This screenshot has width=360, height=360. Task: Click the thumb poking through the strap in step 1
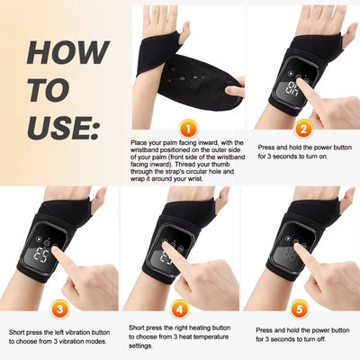pos(184,31)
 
